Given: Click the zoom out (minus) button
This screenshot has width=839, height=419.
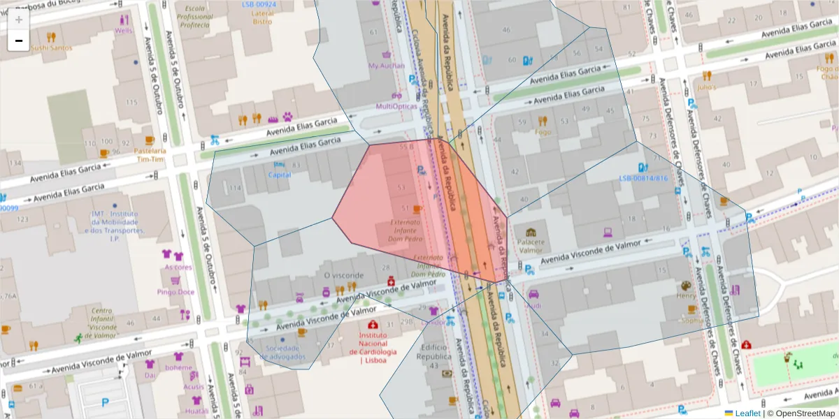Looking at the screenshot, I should coord(19,41).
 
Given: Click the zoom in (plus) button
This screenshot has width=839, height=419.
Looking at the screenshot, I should coord(19,20).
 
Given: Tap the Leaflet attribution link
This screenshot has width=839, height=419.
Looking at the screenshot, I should coord(747,413).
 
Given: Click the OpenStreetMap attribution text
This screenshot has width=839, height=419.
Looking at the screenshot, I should coord(805,413).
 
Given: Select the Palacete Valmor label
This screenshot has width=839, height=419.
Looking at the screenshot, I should coord(531,246).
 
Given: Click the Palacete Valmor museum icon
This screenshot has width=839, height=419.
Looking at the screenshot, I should coord(531,232).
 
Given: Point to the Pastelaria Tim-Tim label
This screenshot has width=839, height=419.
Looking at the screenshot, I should coord(150,154).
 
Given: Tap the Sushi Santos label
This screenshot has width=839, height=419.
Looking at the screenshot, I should coord(51,48).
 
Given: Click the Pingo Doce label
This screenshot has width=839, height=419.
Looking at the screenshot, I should coord(176,292).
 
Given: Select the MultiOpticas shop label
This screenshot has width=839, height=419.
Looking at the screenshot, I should coord(396,106).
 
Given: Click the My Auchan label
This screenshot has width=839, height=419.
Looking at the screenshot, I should coord(386,66).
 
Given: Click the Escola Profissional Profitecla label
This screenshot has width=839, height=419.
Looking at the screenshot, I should coord(195,17).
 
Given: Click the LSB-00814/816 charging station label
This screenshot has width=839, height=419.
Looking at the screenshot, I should coord(643,178).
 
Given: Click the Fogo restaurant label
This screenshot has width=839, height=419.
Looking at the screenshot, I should coord(543,132).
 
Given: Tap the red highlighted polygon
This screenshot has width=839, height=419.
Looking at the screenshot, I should coord(392,209).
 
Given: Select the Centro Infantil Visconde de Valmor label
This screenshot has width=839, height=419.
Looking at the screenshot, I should coord(103,323).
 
